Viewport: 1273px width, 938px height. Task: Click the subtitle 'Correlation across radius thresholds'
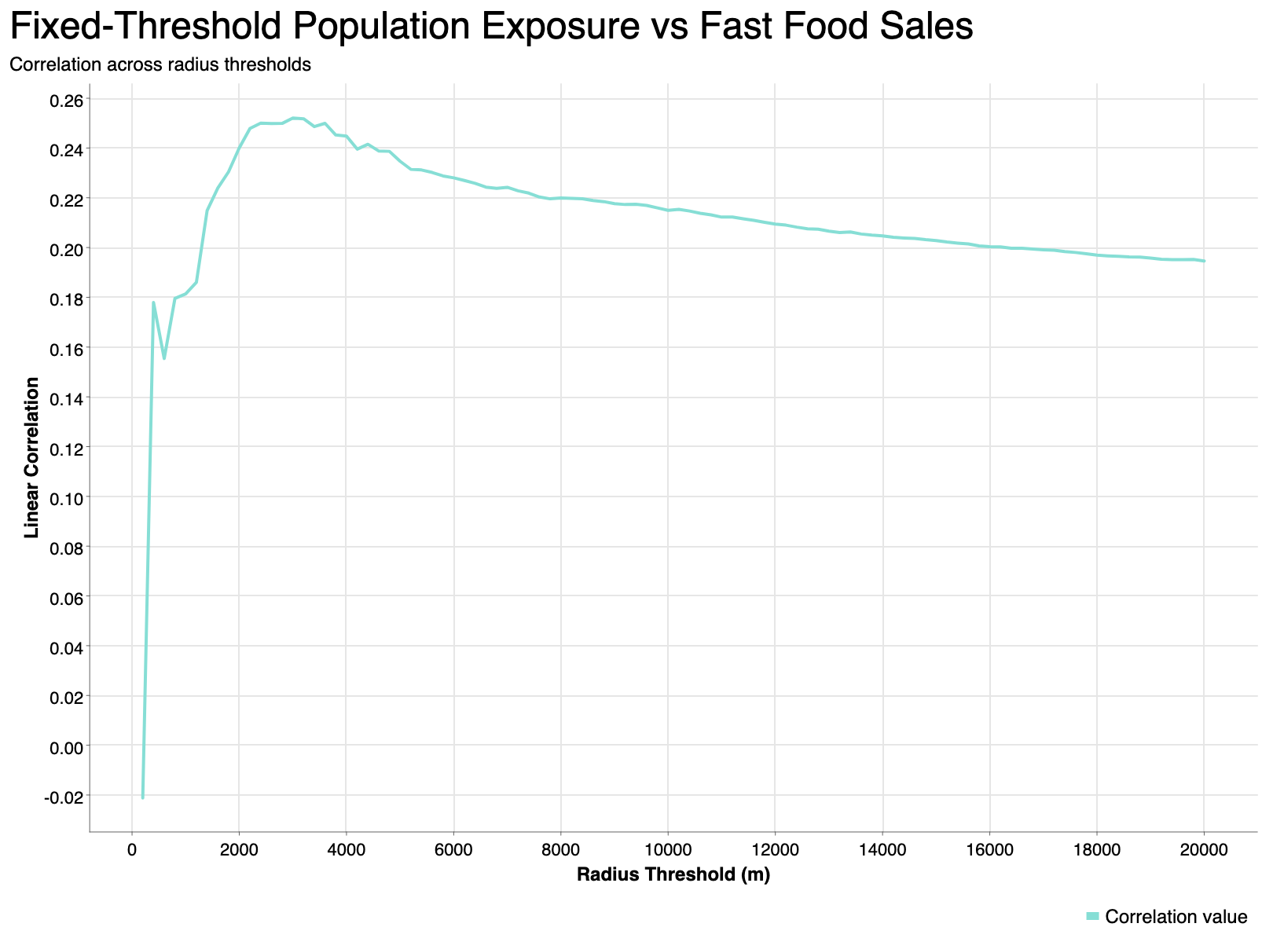(x=160, y=65)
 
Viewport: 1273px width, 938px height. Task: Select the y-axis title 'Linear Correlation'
(x=32, y=457)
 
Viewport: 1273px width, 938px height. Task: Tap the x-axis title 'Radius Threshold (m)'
(x=673, y=875)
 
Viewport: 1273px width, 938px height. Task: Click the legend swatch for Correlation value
(x=1092, y=917)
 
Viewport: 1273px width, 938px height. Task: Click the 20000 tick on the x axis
(x=1204, y=851)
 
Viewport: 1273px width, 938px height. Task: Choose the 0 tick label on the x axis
(x=132, y=851)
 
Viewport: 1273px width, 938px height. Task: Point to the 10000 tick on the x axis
(x=668, y=851)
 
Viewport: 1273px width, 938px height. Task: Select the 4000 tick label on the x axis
(x=347, y=851)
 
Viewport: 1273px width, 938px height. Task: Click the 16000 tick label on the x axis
(x=989, y=851)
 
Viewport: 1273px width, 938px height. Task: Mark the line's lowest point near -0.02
(x=143, y=797)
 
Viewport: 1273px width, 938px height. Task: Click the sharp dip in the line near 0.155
(x=164, y=358)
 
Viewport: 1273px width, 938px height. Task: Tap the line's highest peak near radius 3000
(x=293, y=118)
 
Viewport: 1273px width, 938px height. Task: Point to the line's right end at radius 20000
(x=1204, y=261)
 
